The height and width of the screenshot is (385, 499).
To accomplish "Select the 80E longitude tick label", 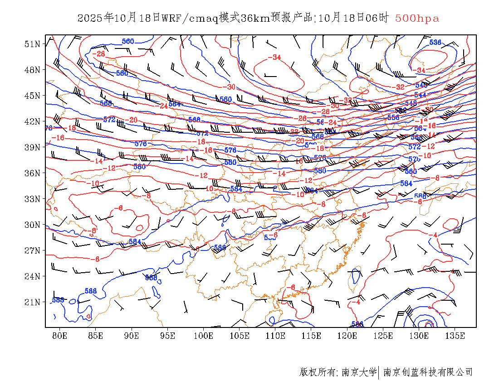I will [60, 336].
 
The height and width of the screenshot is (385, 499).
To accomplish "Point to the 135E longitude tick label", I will [455, 336].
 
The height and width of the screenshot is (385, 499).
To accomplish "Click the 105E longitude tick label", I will [240, 336].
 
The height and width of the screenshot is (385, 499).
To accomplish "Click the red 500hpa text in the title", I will [417, 18].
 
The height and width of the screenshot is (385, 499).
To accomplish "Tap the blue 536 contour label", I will [435, 42].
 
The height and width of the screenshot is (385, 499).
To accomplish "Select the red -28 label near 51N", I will [98, 53].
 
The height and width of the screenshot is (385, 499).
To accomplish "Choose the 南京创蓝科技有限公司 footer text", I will [428, 372].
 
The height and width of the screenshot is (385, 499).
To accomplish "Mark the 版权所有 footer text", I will [317, 372].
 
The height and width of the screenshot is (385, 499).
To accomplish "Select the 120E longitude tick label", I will [347, 336].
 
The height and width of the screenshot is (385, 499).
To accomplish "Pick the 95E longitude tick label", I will [168, 336].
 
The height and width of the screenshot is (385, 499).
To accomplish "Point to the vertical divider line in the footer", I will [379, 372].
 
